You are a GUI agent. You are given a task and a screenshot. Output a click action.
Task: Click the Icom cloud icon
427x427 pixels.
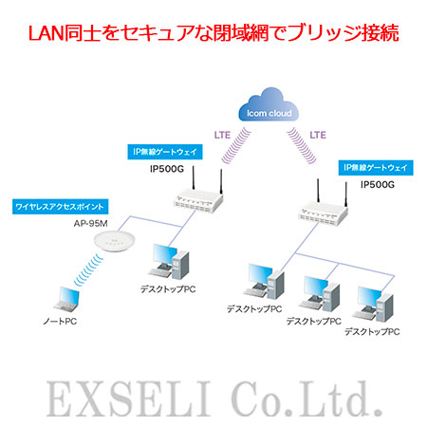269,104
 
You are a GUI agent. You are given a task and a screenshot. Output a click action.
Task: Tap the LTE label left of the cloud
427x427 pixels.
222,135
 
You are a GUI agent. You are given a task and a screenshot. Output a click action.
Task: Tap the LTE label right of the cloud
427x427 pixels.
318,135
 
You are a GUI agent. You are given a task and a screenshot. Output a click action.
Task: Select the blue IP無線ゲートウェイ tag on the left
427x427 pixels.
165,152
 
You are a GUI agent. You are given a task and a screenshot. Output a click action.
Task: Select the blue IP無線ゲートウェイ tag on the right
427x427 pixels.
376,168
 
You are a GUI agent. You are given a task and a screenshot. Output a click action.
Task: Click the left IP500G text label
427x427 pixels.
167,169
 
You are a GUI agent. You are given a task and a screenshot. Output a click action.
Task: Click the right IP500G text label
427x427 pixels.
378,184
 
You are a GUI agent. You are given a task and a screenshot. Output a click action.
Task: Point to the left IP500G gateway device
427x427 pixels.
198,196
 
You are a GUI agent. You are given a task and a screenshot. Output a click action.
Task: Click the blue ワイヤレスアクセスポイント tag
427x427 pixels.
61,207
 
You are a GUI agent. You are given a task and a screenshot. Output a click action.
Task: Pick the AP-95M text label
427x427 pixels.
91,224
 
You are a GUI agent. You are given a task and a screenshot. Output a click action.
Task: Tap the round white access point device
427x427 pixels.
115,241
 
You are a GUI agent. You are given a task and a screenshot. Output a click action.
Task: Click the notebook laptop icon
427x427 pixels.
66,300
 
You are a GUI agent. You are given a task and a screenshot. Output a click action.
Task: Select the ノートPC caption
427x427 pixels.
60,322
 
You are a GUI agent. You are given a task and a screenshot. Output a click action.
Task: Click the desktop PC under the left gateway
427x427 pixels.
169,261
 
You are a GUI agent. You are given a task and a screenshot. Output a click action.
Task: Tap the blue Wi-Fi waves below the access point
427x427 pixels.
88,269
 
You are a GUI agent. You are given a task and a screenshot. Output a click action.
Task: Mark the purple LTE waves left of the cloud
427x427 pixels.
236,146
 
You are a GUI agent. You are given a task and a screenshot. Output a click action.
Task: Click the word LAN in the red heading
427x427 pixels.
46,33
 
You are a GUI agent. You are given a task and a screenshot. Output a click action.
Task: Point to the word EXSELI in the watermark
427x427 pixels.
129,399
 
